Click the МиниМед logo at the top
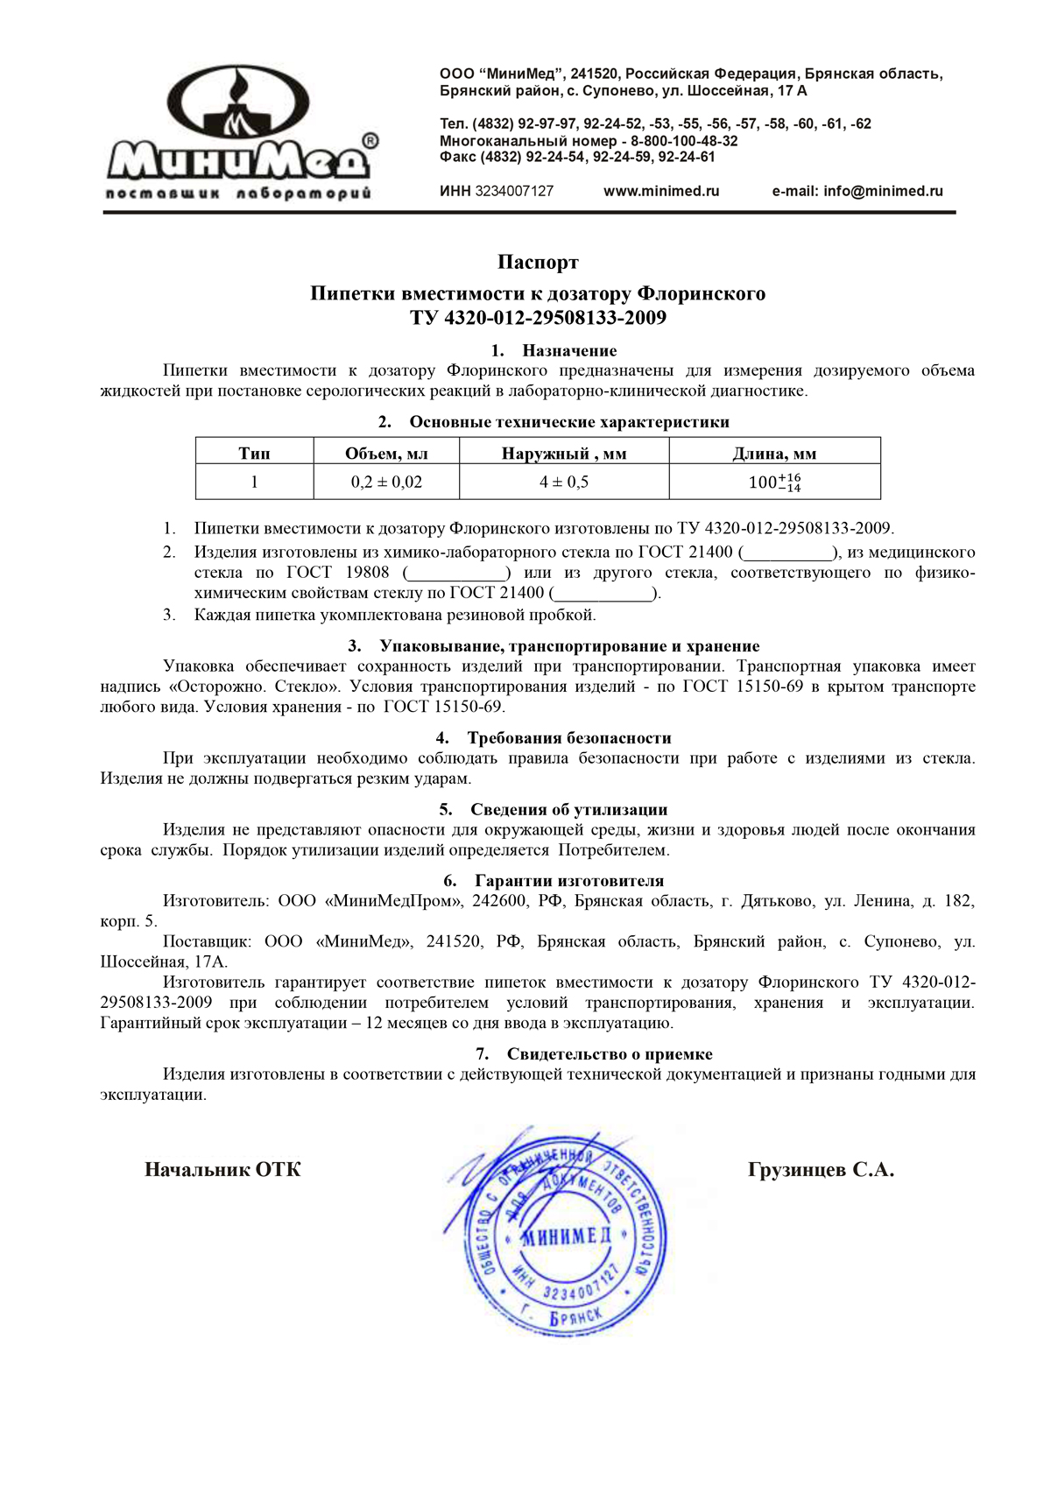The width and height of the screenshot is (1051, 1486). pos(241,131)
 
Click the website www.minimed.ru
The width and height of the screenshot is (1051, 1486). pos(661,191)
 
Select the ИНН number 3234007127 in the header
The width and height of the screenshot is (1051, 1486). pos(514,191)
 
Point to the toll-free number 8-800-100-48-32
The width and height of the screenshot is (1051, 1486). pos(684,141)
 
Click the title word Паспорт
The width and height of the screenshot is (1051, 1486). pos(538,262)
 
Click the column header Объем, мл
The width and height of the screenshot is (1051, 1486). pos(386,454)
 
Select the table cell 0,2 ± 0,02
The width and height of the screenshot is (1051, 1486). pos(386,482)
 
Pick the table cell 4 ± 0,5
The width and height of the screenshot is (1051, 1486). pos(564,482)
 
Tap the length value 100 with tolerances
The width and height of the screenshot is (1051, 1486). pos(774,482)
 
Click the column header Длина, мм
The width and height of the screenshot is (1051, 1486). pos(774,454)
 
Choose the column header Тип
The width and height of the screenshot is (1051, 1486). pos(254,454)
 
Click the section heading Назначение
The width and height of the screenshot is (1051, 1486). pos(569,350)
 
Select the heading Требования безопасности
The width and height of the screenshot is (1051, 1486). pos(569,738)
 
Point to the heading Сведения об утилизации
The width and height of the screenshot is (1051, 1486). pos(568,810)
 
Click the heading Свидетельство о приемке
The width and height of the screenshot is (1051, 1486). pos(610,1054)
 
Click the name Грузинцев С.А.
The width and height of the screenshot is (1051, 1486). pos(821,1170)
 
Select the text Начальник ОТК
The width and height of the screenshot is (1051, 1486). pos(222,1170)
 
